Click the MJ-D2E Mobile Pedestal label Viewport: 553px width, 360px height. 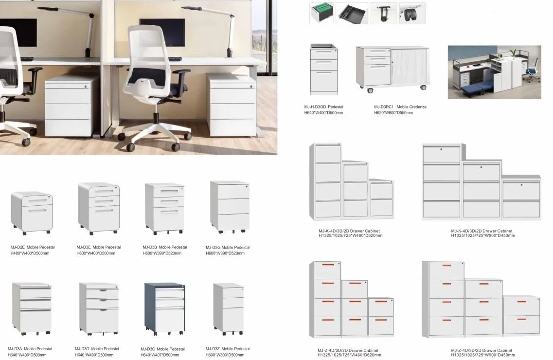click(31, 247)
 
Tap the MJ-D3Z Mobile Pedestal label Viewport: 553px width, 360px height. click(228, 349)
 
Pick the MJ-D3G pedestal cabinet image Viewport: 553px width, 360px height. click(230, 206)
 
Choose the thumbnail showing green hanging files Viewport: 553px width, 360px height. click(321, 13)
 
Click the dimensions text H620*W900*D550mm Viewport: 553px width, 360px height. click(393, 113)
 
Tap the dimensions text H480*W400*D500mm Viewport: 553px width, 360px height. click(30, 253)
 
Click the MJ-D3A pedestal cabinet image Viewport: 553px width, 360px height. click(32, 308)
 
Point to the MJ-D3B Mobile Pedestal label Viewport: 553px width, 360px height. click(164, 247)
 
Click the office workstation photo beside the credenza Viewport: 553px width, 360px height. click(494, 72)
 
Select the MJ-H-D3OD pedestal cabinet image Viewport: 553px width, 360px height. click(324, 70)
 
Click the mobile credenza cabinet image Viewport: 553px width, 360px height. click(392, 68)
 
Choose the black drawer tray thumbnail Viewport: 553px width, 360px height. click(352, 13)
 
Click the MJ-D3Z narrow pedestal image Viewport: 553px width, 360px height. click(229, 308)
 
